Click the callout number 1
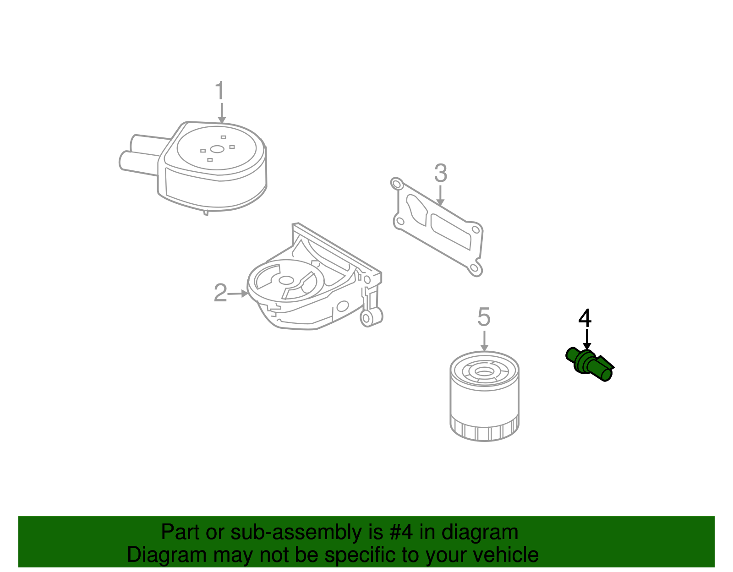coord(220,91)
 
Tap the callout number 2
coord(220,293)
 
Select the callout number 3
coord(440,174)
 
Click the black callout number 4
coord(585,318)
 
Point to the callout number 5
coord(484,317)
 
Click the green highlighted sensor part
coord(589,365)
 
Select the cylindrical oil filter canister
coord(484,403)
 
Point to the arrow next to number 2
coord(238,294)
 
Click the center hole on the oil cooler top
coord(217,149)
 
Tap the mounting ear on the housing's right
coord(370,317)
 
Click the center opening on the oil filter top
coord(484,370)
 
